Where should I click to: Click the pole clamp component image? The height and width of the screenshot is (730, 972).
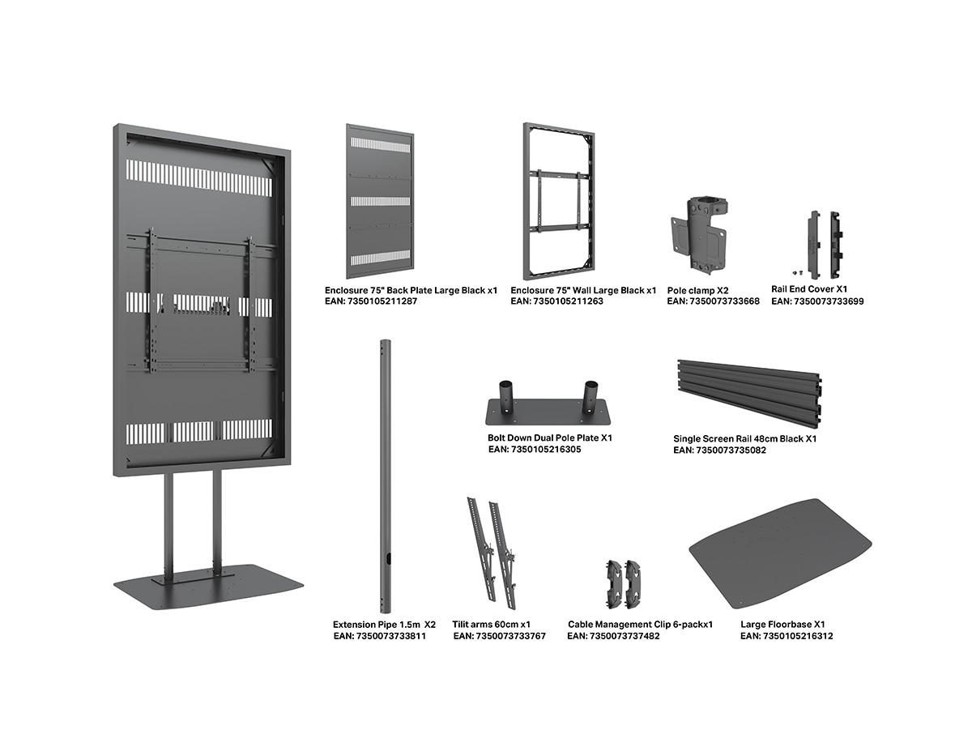point(698,236)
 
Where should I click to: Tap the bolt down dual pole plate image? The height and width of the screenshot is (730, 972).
point(548,404)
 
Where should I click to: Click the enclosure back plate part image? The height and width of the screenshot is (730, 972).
point(379,200)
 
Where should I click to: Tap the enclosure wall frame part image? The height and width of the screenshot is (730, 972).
point(559,200)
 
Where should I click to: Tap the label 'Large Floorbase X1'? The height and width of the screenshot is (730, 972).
point(782,625)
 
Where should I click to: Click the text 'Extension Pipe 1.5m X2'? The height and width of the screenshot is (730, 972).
point(384,625)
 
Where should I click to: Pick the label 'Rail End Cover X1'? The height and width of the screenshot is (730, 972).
point(810,289)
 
